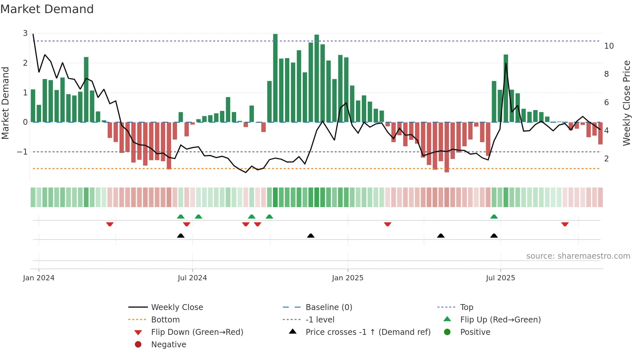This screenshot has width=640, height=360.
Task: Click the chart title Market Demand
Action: (x=47, y=9)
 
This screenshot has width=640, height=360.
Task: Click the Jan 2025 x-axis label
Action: (x=347, y=278)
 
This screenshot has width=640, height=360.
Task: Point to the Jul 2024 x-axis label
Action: (x=192, y=278)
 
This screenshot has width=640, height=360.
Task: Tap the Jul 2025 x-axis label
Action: (x=500, y=278)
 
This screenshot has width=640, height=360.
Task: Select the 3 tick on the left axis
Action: (x=25, y=33)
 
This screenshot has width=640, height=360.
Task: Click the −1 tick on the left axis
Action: (x=22, y=152)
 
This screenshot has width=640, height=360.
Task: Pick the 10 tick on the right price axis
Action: (x=609, y=46)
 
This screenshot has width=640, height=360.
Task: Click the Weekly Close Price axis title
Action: (x=626, y=103)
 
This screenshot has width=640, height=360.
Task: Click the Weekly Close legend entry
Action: (x=177, y=307)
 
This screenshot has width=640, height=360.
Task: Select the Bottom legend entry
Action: (x=165, y=320)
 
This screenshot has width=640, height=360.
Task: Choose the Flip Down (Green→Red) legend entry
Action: (x=197, y=332)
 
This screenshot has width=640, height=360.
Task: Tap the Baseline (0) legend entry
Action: (x=328, y=307)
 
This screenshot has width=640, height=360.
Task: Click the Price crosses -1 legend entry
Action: (x=368, y=332)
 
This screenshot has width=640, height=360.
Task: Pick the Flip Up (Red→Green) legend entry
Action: (x=500, y=320)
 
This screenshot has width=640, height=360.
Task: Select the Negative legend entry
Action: (x=168, y=345)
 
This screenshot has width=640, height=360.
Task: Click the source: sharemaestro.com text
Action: (x=578, y=256)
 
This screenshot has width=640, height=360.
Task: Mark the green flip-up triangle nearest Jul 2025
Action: (x=494, y=217)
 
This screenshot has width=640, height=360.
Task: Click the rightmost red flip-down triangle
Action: (x=565, y=224)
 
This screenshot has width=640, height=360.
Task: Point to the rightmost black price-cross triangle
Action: (x=494, y=236)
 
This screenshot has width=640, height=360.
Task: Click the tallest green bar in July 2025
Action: (x=506, y=88)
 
